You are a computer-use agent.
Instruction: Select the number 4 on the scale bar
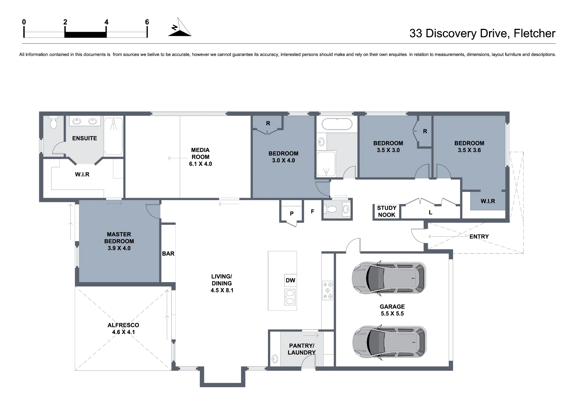tap(106, 22)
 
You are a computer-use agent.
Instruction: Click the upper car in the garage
tap(389, 278)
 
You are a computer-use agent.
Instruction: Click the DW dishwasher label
tap(290, 280)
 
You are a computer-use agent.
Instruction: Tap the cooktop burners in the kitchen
tap(327, 290)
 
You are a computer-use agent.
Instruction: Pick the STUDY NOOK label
tap(387, 211)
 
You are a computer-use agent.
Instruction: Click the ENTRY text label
tap(479, 237)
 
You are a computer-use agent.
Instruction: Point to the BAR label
tap(168, 254)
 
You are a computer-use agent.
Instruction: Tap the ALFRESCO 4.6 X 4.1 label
tap(123, 328)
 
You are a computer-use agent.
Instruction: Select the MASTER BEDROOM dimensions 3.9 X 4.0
tap(119, 248)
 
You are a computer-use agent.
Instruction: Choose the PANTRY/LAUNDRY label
tap(302, 349)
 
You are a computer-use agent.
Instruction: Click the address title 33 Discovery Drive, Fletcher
tap(482, 33)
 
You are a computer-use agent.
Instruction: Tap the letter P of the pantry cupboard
tap(292, 214)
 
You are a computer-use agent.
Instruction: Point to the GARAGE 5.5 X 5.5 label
tap(392, 310)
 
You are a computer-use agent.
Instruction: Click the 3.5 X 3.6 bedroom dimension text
tap(469, 150)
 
